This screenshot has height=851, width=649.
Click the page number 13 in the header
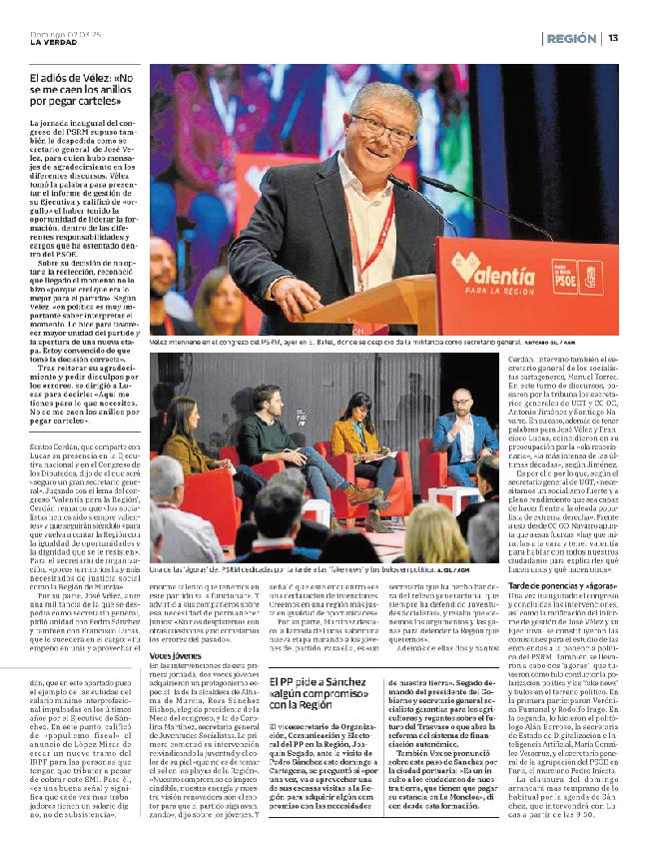(x=613, y=38)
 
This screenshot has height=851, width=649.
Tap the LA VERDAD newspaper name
(x=53, y=42)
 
